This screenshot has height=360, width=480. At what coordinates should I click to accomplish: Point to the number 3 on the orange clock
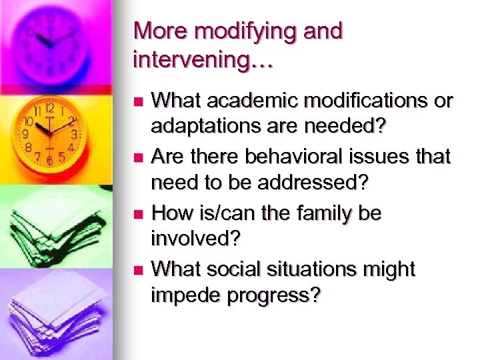point(74,134)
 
